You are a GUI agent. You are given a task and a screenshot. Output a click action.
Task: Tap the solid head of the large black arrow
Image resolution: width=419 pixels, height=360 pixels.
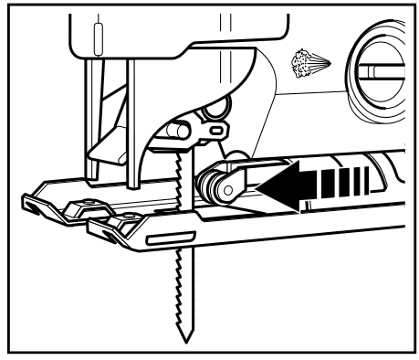point(274,185)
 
